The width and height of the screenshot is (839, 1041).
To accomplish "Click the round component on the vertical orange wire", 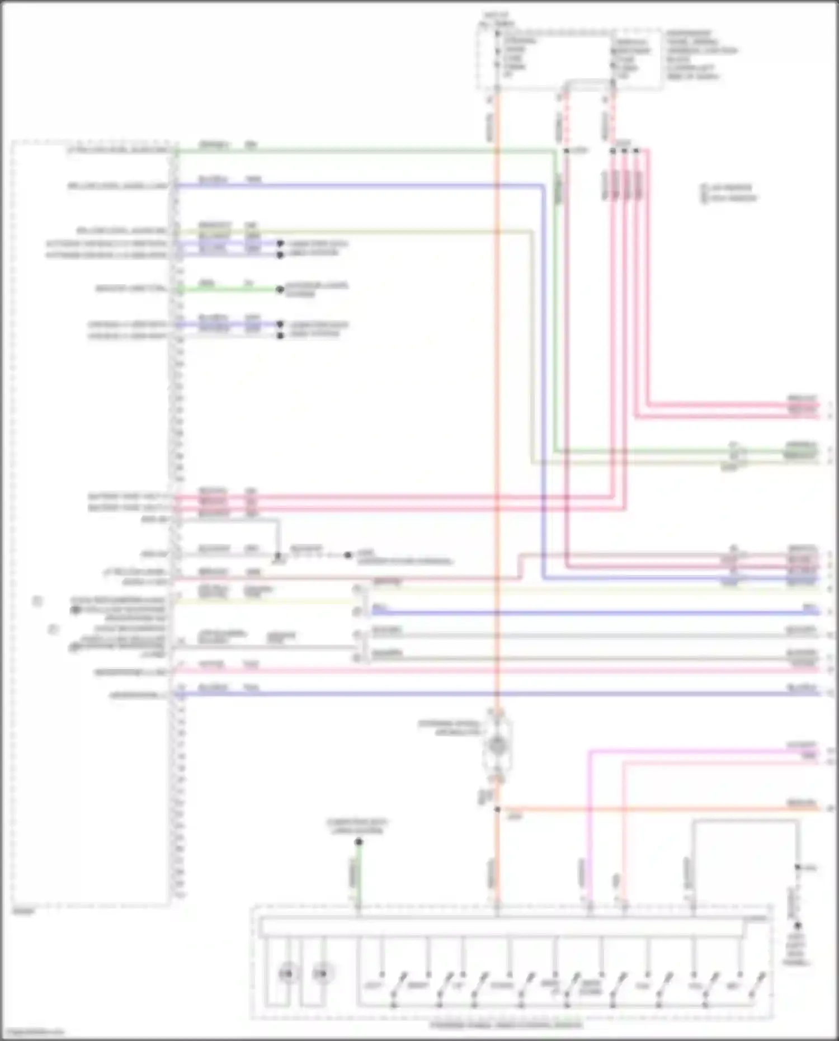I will tap(496, 745).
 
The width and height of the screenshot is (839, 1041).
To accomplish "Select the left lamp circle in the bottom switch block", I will tap(287, 974).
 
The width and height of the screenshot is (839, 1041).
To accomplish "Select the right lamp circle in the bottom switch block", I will tap(320, 974).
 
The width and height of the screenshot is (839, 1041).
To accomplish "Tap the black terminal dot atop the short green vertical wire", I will tap(359, 842).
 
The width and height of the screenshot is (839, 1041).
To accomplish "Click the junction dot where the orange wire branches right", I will tap(497, 809).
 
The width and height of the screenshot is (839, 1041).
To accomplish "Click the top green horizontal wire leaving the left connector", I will tap(364, 150).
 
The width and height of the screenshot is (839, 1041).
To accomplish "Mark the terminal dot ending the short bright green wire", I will tap(280, 289).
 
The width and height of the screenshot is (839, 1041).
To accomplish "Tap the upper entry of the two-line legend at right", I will tap(729, 188).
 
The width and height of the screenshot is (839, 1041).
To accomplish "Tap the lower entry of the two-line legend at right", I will tap(729, 198).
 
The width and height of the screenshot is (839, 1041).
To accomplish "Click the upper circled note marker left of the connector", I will tap(37, 601).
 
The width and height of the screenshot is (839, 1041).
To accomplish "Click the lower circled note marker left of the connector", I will tap(53, 629).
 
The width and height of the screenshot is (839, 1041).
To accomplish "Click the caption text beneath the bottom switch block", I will tap(506, 1025).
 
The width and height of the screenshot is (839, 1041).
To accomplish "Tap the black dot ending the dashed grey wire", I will tap(348, 555).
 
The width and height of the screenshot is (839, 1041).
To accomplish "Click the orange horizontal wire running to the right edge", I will tap(660, 809).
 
